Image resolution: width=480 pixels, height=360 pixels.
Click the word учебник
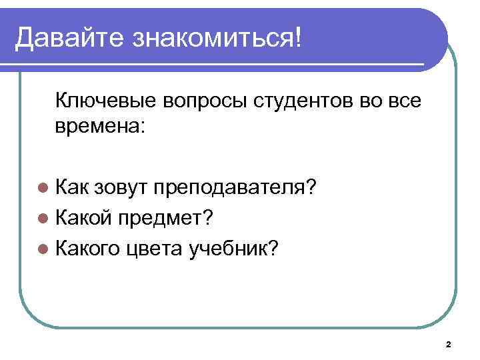pyautogui.click(x=229, y=248)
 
